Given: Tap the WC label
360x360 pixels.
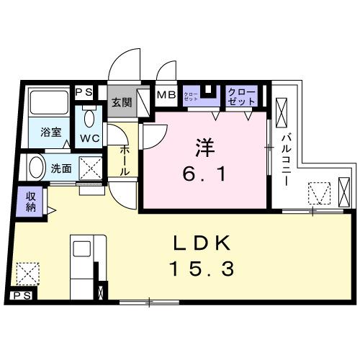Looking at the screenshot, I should point(89,138).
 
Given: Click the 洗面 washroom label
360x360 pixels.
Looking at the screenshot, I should point(60,170).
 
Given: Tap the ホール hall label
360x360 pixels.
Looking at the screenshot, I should point(124,159).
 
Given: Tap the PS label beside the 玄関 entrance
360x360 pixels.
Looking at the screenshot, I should point(84,91).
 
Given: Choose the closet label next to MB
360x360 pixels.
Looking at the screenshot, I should point(191,96).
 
